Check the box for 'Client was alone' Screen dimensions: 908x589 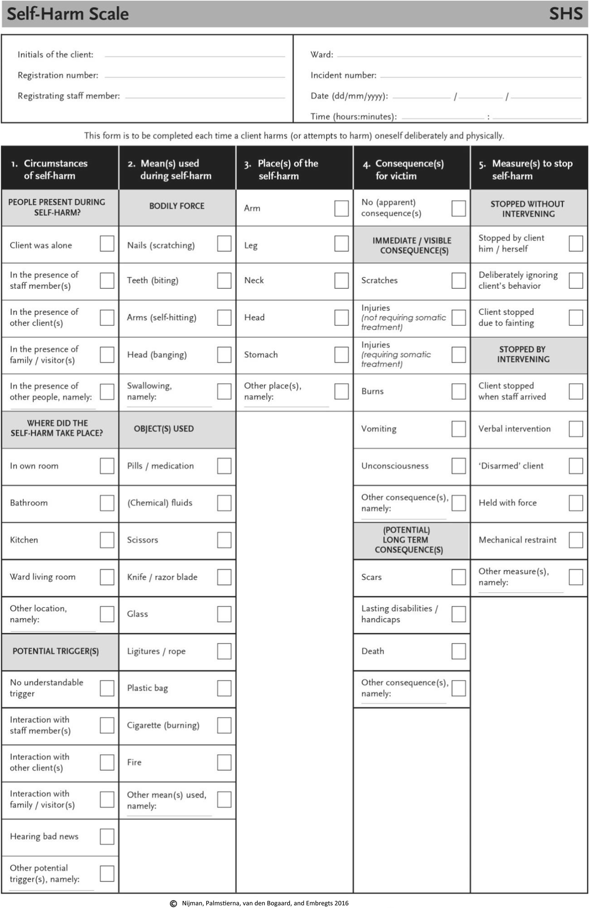(x=107, y=244)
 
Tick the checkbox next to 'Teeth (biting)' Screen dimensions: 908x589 (x=224, y=280)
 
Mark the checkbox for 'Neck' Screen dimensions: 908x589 (x=341, y=280)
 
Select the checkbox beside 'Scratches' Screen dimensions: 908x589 (x=459, y=280)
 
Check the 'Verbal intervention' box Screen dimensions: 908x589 (x=576, y=429)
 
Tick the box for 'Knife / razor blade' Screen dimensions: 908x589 (x=224, y=577)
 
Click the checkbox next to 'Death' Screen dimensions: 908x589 (x=459, y=651)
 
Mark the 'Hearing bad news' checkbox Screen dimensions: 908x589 (x=107, y=836)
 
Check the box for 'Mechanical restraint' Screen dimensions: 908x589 (x=576, y=540)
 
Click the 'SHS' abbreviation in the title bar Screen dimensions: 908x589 (x=566, y=14)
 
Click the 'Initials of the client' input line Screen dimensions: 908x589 (x=195, y=55)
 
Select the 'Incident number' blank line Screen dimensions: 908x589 (x=480, y=76)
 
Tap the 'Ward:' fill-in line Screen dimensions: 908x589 (x=459, y=55)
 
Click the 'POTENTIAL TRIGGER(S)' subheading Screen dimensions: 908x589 (x=56, y=651)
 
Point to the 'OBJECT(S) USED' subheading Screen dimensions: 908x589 (x=164, y=429)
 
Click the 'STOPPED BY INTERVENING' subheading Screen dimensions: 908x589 (x=523, y=354)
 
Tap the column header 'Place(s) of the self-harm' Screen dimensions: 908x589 (x=288, y=169)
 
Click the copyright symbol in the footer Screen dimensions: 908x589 (x=173, y=903)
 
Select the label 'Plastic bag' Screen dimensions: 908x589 (x=147, y=688)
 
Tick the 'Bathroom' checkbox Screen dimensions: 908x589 (x=107, y=503)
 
